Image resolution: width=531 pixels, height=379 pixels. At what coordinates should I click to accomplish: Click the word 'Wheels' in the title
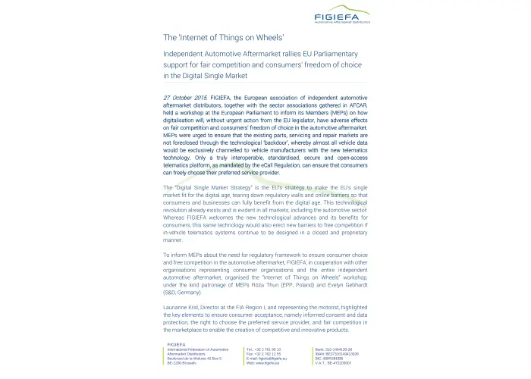[x=266, y=36]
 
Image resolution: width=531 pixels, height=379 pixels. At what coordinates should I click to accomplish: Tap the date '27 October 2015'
[x=185, y=99]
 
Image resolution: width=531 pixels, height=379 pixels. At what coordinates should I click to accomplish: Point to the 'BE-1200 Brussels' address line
[x=183, y=363]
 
